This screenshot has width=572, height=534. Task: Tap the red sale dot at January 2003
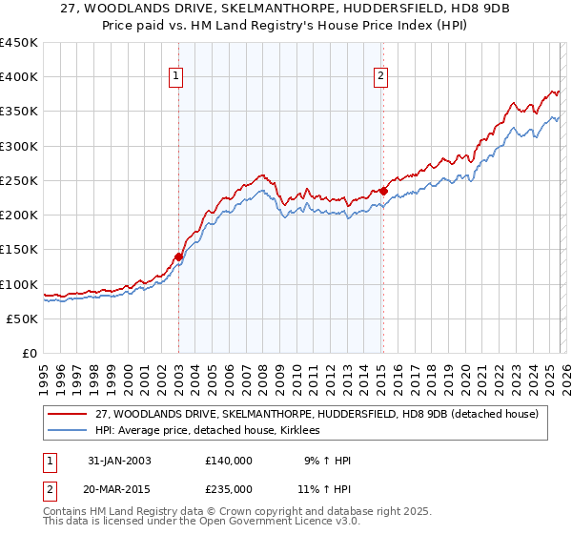point(178,257)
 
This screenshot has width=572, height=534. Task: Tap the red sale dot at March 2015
point(382,191)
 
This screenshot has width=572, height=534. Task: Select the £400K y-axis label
point(19,77)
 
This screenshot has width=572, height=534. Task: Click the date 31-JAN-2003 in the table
point(119,461)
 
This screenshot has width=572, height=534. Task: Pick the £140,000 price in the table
point(229,461)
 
